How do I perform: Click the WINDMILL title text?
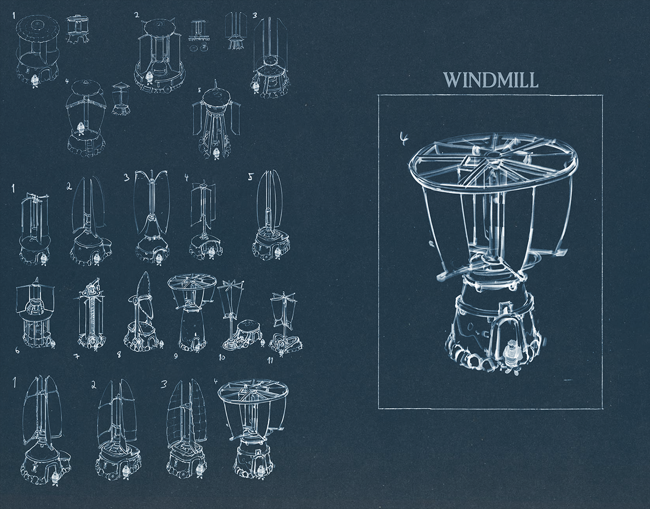(x=491, y=80)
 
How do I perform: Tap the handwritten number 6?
(x=18, y=350)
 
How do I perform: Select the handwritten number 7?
(x=77, y=356)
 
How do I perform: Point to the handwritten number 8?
(x=119, y=355)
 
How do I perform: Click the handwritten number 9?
(x=176, y=356)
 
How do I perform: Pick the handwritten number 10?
(x=222, y=357)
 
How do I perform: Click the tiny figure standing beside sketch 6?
(x=53, y=344)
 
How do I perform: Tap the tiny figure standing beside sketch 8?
(x=162, y=345)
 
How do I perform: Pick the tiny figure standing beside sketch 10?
(x=262, y=342)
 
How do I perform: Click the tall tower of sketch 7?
(x=91, y=314)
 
